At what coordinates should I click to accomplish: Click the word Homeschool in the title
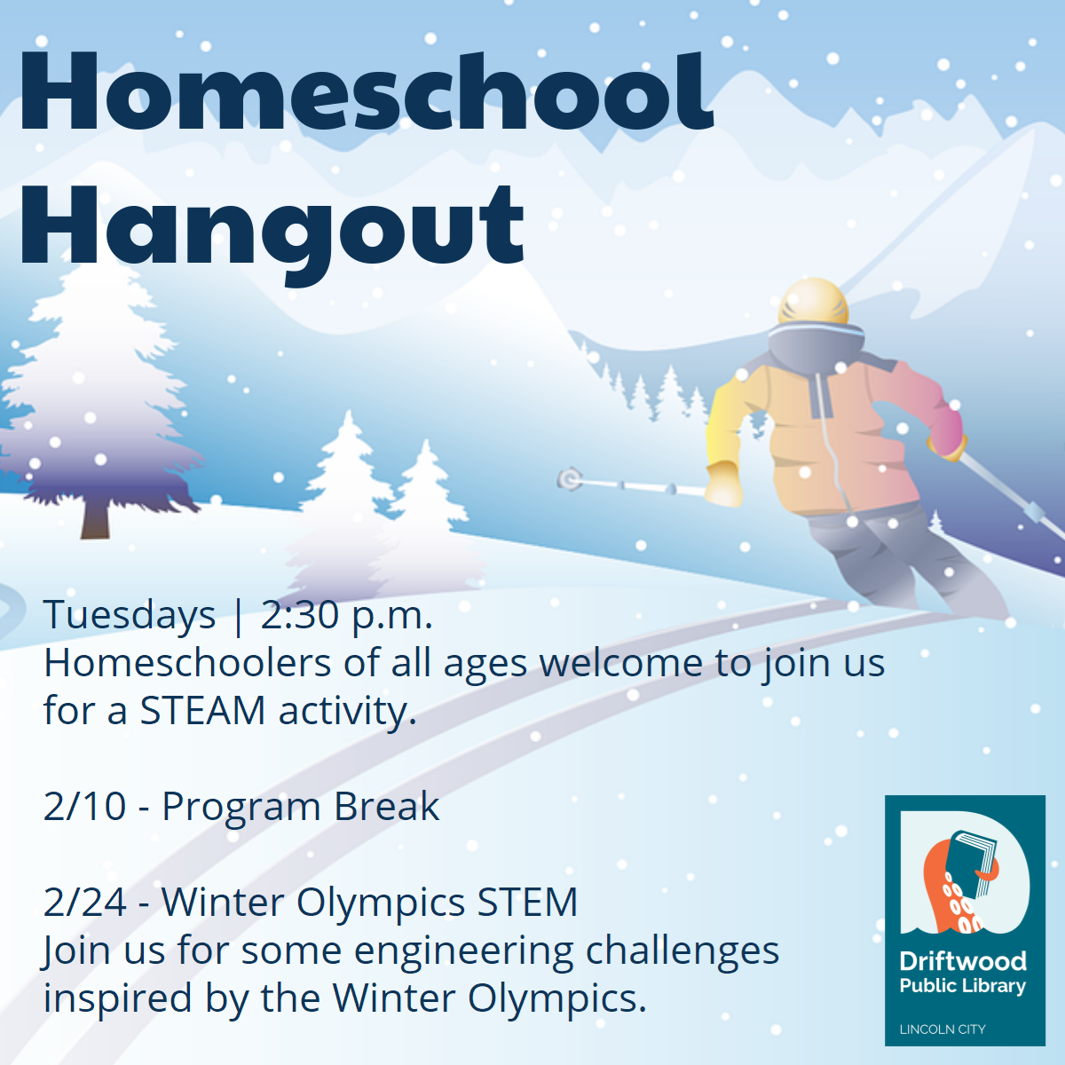366,92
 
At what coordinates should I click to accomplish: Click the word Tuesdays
130,615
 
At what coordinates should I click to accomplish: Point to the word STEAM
202,711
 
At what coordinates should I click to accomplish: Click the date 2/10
84,807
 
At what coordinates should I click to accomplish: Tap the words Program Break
301,808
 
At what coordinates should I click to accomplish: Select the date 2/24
85,903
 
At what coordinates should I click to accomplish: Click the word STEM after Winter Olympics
527,903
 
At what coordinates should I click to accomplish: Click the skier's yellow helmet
813,302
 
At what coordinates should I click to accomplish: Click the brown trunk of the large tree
96,517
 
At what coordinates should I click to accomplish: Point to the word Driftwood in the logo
963,962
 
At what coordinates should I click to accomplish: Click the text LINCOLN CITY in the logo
943,1029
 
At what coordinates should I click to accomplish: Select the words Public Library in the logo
963,987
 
